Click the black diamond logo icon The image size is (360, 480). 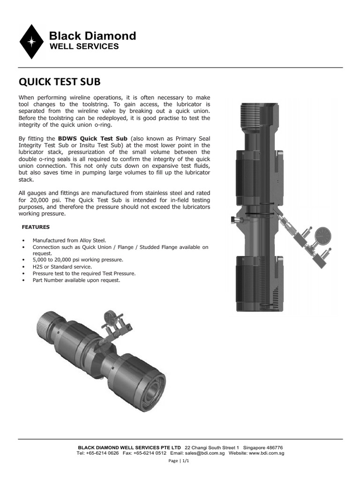pos(32,41)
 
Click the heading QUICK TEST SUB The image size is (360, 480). pos(59,82)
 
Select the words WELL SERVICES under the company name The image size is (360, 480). pos(84,46)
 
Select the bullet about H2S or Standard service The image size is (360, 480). pos(62,266)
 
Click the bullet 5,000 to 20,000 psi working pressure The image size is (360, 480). pos(78,260)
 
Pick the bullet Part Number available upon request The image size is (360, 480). pos(76,280)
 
